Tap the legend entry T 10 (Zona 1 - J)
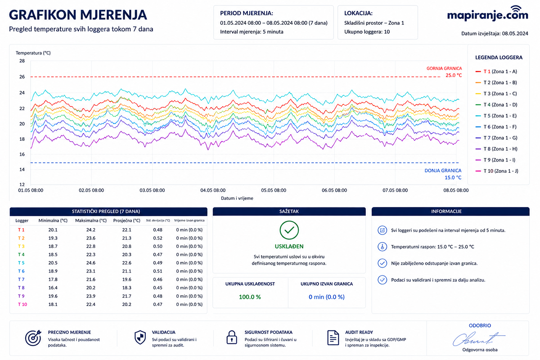click(497, 171)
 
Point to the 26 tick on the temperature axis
click(22, 76)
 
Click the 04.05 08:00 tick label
click(213, 190)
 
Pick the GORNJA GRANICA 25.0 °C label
click(444, 72)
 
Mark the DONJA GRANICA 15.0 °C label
click(443, 174)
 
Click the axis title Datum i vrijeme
click(237, 198)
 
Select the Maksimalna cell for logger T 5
click(90, 263)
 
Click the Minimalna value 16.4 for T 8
click(53, 288)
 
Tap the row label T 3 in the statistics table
click(21, 246)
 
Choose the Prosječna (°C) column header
click(126, 220)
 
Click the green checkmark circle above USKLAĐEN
click(289, 230)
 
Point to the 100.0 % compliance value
click(250, 297)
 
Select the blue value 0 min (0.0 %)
click(326, 297)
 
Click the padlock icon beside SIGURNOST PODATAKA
click(231, 337)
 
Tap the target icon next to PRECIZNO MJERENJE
click(33, 338)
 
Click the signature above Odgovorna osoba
click(478, 339)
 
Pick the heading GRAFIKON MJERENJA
click(78, 15)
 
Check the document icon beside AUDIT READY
click(333, 337)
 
